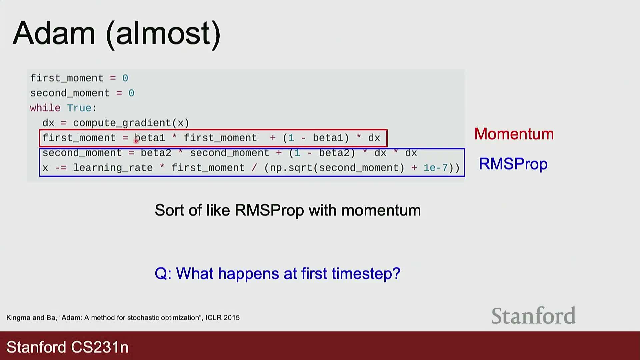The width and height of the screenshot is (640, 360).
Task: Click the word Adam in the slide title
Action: point(54,33)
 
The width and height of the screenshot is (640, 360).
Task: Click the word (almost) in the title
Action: point(163,34)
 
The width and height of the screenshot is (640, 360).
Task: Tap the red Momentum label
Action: point(514,134)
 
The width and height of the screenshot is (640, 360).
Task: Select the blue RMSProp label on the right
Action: point(513,164)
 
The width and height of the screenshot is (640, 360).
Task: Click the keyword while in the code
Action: point(45,108)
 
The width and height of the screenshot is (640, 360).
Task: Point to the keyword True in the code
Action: point(79,108)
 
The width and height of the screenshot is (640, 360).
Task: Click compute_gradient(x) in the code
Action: point(131,123)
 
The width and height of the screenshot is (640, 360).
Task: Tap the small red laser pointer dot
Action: point(136,141)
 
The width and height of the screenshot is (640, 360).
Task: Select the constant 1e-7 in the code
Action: point(436,168)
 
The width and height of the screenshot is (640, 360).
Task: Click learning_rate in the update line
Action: point(113,168)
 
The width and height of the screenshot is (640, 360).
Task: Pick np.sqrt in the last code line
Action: point(291,168)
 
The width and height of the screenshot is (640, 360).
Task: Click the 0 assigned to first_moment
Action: point(125,78)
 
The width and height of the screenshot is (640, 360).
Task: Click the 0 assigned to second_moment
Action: point(131,93)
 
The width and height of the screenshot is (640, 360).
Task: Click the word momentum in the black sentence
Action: point(381,211)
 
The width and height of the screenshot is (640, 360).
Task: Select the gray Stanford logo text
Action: point(534,315)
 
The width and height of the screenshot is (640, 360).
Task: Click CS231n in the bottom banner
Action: point(100,347)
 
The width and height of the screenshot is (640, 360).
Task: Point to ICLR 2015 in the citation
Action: point(222,318)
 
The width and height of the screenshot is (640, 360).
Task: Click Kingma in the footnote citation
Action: point(18,318)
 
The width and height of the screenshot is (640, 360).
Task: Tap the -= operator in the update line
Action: point(61,168)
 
